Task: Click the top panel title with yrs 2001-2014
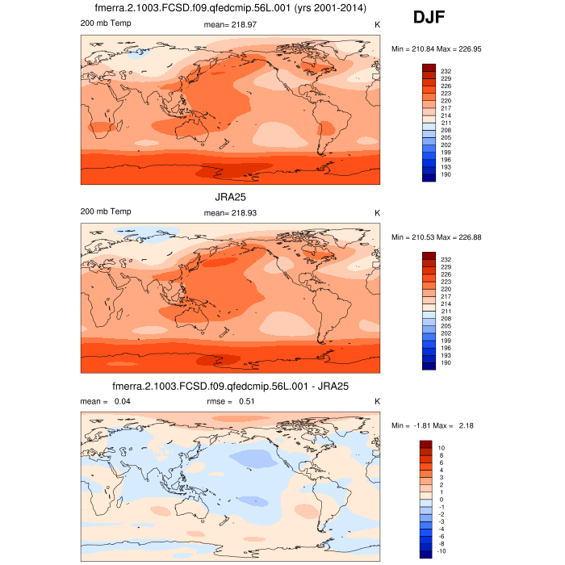230,8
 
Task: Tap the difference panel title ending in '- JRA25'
230,387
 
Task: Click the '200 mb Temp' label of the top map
106,23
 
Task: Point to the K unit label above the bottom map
377,401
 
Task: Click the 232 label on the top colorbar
446,71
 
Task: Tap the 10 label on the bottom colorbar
441,446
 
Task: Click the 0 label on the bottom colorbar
441,499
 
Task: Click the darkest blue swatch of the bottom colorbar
427,554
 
